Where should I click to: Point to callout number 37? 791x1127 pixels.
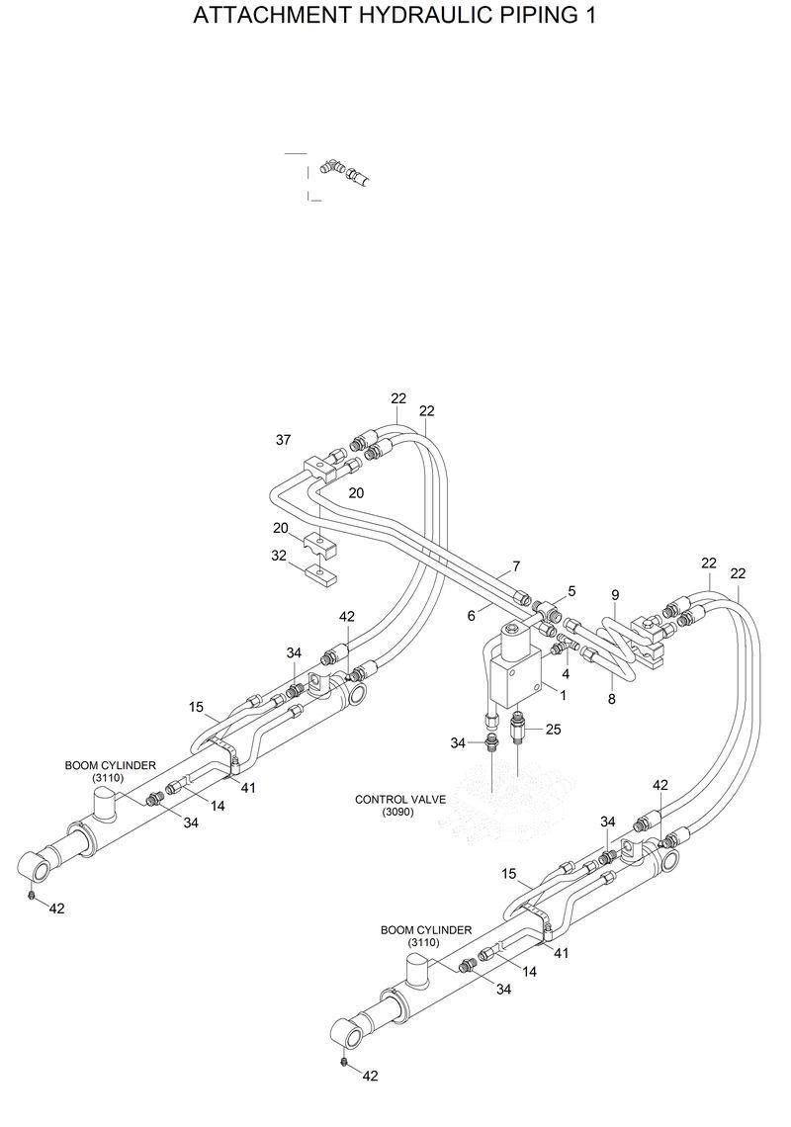point(284,440)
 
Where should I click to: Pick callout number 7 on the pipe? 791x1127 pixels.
point(516,567)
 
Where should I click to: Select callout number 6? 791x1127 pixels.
point(472,615)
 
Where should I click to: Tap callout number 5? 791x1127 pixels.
point(571,591)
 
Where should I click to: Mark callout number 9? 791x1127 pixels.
point(615,594)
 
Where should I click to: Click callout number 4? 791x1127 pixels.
point(566,673)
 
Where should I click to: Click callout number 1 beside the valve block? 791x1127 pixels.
point(564,695)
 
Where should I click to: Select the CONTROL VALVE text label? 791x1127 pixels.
point(400,799)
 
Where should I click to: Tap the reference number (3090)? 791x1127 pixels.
point(399,812)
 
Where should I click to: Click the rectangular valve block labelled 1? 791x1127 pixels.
point(514,683)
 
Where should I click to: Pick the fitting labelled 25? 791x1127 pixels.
point(518,733)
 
